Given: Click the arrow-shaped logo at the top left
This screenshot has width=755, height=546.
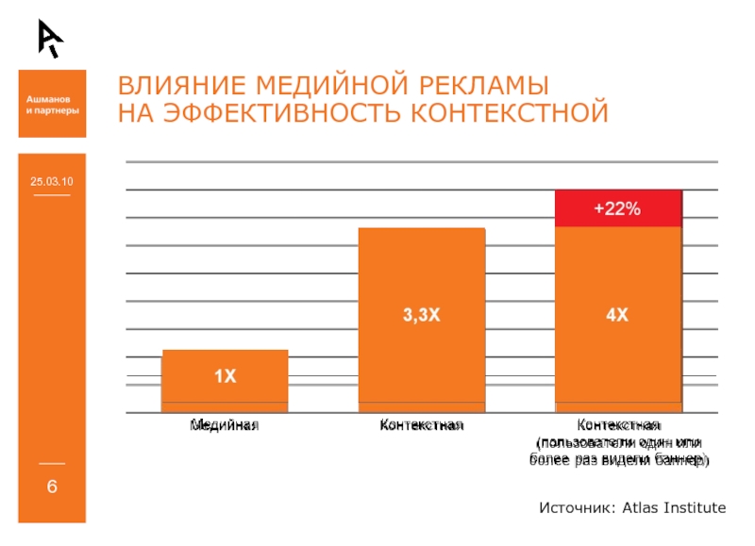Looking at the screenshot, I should (x=50, y=37).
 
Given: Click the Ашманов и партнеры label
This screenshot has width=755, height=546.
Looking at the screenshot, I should (x=52, y=105).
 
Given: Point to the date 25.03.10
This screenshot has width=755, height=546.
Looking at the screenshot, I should (x=52, y=180).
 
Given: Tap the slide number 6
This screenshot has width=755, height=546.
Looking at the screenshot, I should (x=52, y=487).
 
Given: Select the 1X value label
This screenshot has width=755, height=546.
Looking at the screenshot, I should (x=225, y=377).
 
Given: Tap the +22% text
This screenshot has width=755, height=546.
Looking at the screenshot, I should (x=617, y=209).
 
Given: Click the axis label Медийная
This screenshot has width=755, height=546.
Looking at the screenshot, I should (x=225, y=426).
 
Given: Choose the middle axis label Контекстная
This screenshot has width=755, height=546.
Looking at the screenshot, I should (x=421, y=426).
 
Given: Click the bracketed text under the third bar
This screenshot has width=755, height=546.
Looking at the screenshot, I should (x=617, y=452).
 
